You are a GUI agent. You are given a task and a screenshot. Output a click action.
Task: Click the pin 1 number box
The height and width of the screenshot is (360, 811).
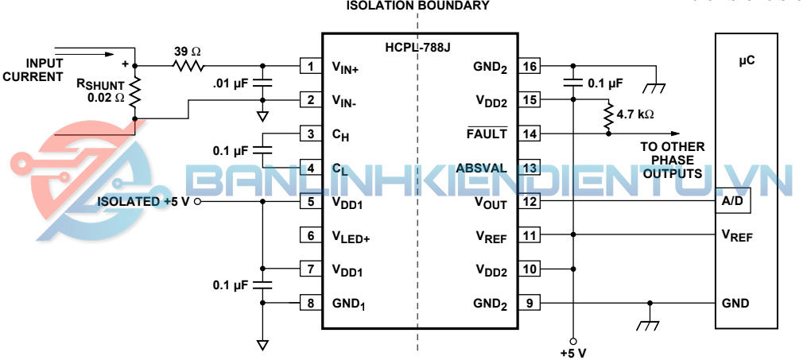point(310,66)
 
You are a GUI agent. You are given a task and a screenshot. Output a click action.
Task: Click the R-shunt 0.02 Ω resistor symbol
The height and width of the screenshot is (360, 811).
point(134,92)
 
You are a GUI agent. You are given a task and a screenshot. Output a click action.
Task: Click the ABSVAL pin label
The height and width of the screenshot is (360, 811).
point(482,168)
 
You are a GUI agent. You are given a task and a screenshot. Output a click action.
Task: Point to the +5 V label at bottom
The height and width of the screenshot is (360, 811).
point(572,352)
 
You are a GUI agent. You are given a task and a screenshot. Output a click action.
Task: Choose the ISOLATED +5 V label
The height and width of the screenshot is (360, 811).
point(143,202)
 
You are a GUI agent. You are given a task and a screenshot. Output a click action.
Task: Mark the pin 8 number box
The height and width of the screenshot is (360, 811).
point(310,303)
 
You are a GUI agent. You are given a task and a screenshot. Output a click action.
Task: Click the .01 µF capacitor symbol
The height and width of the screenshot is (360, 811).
point(263,82)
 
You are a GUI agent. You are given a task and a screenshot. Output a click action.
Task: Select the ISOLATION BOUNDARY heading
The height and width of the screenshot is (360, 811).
point(417,6)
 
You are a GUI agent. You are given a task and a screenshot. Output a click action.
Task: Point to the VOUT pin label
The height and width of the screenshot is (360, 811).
point(491,202)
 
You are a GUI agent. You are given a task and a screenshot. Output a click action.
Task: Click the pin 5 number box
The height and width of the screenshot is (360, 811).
point(310,202)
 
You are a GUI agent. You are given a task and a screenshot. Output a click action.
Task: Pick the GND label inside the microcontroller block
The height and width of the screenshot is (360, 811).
point(735,304)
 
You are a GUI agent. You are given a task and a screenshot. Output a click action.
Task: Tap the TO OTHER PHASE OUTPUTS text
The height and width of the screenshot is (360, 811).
point(673,160)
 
